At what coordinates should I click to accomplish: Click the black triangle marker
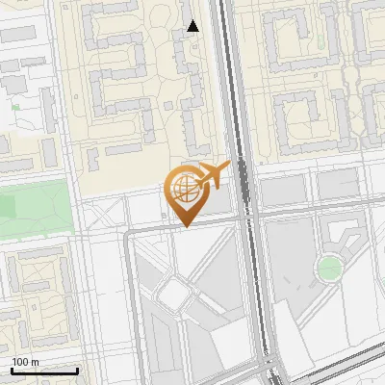tap(192, 26)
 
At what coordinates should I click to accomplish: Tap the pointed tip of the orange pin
tap(184, 225)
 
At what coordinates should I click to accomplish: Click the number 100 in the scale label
tap(18, 362)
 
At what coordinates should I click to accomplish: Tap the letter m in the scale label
tap(35, 362)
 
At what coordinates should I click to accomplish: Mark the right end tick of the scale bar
tap(78, 371)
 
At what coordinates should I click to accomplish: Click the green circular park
tap(330, 268)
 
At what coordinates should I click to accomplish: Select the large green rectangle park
tap(35, 211)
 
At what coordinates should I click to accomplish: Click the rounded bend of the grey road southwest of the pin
tap(130, 236)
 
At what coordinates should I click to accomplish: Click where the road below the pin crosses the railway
tap(252, 221)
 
